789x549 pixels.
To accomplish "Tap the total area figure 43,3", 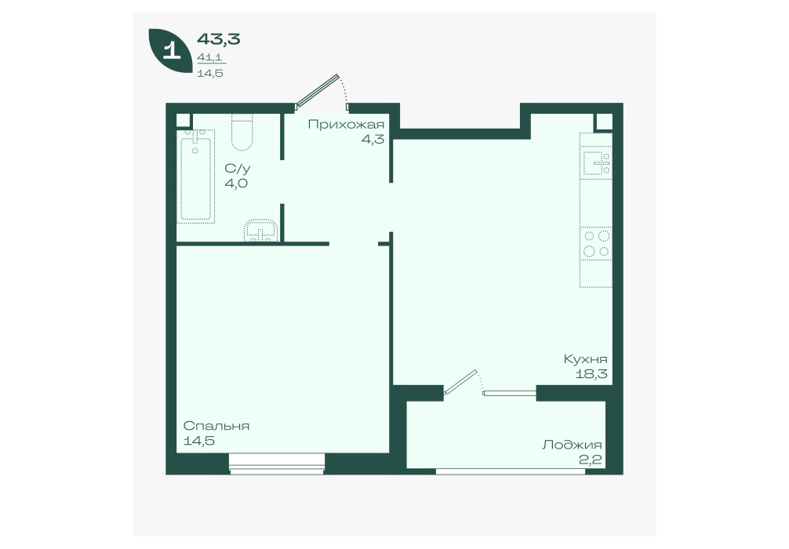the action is point(218,38).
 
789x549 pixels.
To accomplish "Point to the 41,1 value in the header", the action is point(209,58).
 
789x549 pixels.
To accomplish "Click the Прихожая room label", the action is point(346,124).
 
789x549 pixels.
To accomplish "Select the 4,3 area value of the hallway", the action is point(373,140).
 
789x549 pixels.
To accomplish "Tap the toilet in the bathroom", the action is point(242,132).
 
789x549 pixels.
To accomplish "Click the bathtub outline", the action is point(196,175).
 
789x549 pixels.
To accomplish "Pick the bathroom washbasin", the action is point(260,231).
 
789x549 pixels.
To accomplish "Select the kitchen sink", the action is point(597,162).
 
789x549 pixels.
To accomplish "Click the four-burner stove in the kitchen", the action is point(596,243).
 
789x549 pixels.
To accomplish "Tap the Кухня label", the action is point(585,359).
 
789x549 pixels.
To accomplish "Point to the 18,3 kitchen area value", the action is point(591,374).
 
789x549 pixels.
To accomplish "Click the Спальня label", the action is point(216,426).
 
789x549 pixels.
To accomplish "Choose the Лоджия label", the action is point(572,445).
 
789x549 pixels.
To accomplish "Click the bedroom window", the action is point(277,464).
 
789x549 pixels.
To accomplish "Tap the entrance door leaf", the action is point(318,91).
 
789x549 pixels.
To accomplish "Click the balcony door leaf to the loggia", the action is point(460,381).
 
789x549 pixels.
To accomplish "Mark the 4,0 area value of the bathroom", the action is point(236,184).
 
